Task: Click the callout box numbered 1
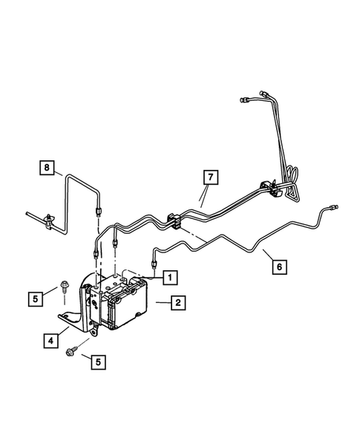coord(170,277)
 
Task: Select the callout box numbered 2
coord(177,303)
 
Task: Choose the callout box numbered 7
coord(210,177)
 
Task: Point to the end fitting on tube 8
coord(99,212)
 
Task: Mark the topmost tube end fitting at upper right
coord(246,99)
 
